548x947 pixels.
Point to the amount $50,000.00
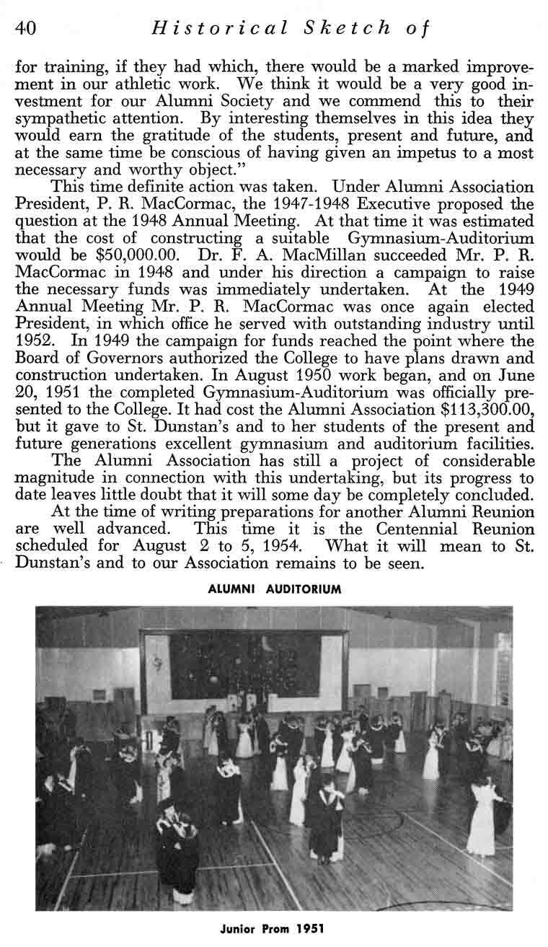(x=123, y=253)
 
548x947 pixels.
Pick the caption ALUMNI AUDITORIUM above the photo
(x=274, y=589)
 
